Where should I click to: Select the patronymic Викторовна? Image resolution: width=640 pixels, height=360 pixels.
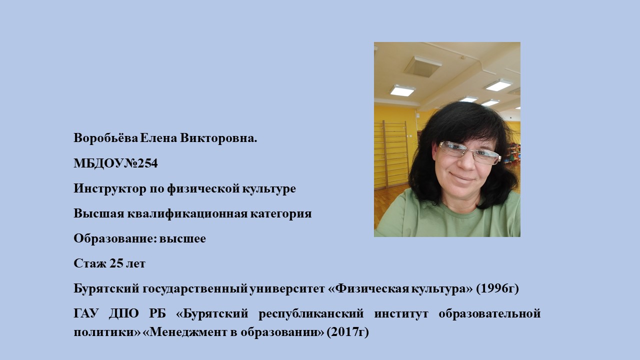click(x=218, y=138)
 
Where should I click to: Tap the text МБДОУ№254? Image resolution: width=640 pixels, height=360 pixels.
click(x=115, y=163)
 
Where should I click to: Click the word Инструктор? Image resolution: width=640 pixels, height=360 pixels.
click(x=110, y=189)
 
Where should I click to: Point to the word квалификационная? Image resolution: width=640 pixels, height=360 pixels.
click(x=187, y=213)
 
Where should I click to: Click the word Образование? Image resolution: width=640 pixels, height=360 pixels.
click(x=114, y=238)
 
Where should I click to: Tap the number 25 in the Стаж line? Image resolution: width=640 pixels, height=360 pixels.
click(x=116, y=263)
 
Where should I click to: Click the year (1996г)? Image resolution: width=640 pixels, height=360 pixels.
click(x=497, y=288)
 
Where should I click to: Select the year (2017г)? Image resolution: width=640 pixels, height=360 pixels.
click(x=347, y=332)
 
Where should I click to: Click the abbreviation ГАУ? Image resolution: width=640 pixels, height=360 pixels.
click(x=86, y=313)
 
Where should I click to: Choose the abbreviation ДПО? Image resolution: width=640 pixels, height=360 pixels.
click(x=123, y=313)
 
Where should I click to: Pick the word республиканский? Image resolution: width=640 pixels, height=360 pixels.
click(x=311, y=313)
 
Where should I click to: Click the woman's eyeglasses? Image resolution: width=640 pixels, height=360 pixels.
click(x=469, y=153)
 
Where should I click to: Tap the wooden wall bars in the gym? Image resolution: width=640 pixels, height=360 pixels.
click(x=392, y=154)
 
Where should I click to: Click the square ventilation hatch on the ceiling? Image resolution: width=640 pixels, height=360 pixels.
click(x=423, y=66)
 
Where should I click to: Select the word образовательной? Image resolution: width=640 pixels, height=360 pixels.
click(x=489, y=313)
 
